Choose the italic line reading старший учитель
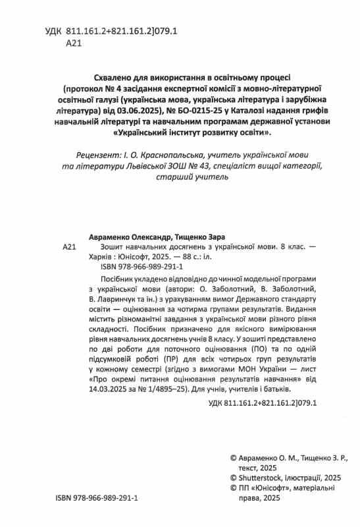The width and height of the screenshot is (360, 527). pyautogui.click(x=180, y=178)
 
